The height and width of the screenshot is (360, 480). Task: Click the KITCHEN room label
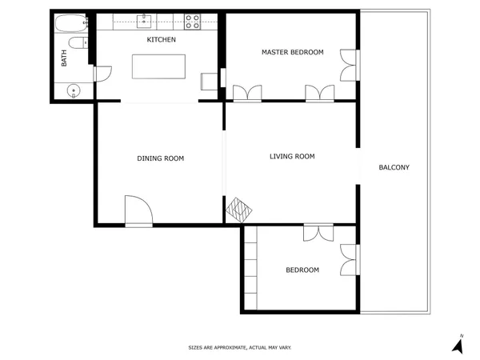point(161,39)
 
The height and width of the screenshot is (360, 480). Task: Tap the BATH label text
point(65,58)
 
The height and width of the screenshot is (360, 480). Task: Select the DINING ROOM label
point(160,158)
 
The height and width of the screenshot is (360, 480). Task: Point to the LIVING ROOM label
point(292,156)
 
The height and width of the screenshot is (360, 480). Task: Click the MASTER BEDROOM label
point(292,52)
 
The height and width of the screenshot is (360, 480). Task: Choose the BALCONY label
point(394,167)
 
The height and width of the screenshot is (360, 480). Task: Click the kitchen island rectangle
point(158,66)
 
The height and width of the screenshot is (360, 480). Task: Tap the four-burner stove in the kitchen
point(192,22)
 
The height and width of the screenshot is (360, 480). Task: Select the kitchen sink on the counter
point(147,19)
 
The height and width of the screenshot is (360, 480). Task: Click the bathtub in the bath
point(72,23)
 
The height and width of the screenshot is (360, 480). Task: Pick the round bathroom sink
point(74,90)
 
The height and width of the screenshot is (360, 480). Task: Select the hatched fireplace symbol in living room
point(239,210)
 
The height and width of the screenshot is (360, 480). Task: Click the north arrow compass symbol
point(458,345)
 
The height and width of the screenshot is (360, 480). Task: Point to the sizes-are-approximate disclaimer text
point(239,347)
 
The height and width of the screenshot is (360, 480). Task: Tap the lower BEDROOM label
point(302,270)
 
